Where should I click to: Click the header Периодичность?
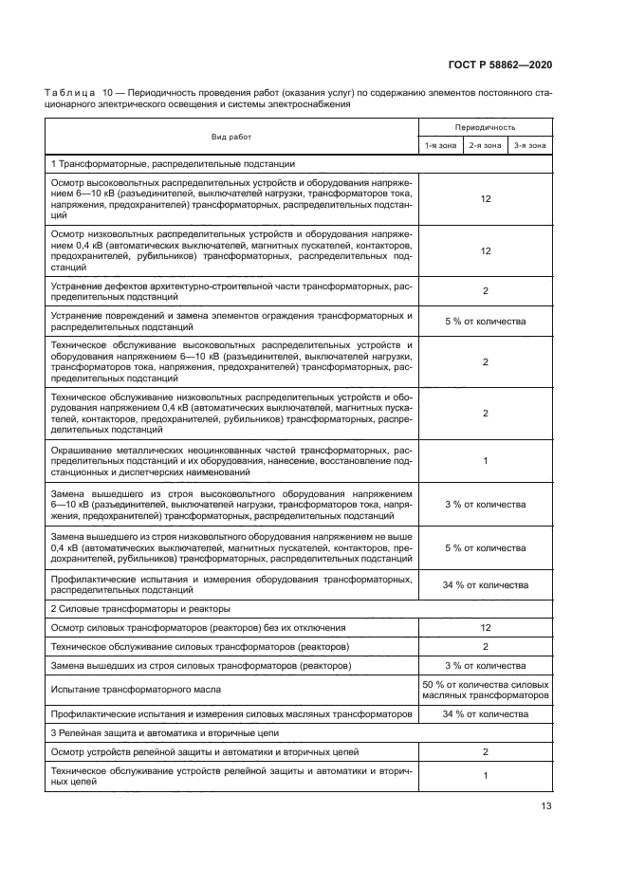[x=485, y=126]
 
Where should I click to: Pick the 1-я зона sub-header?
[x=441, y=145]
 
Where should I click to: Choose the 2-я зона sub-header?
[x=485, y=145]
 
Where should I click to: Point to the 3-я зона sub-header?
[x=529, y=145]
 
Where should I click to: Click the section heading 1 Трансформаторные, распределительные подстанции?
[x=173, y=164]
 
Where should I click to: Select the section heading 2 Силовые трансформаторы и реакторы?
[x=140, y=608]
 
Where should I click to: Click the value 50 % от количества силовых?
[x=485, y=683]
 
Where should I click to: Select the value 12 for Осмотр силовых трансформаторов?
[x=485, y=628]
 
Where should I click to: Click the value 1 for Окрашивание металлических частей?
[x=485, y=460]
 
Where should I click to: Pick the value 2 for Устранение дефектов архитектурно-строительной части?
[x=485, y=291]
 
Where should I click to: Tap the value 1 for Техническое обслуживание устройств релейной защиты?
[x=485, y=775]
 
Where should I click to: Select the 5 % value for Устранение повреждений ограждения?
[x=485, y=321]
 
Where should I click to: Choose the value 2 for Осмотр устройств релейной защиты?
[x=485, y=751]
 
